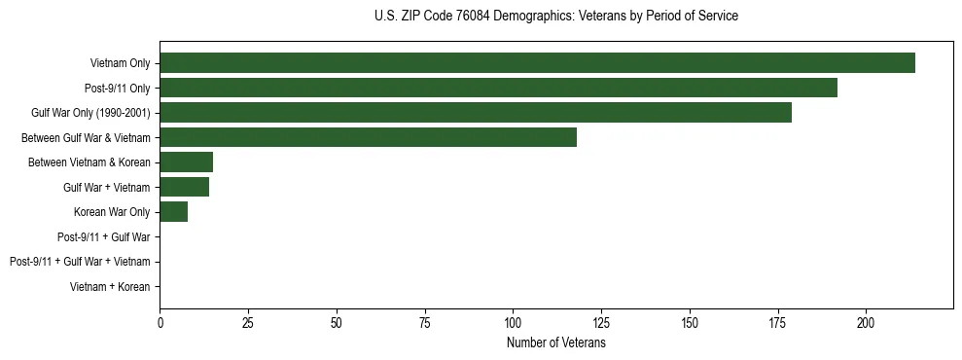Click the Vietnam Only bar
point(537,63)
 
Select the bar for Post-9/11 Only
point(498,88)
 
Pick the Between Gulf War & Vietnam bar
point(368,137)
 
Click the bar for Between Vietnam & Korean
point(186,162)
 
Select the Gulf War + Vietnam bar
point(184,187)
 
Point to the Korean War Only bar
point(173,212)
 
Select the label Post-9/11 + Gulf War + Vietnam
point(80,262)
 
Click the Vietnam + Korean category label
point(110,287)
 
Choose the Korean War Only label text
point(112,212)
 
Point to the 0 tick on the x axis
point(160,322)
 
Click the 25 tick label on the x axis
point(248,322)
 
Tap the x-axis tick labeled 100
point(513,322)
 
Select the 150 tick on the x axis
point(690,322)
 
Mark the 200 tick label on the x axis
point(866,322)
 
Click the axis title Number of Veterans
point(556,343)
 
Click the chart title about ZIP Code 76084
point(556,17)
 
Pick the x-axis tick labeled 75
point(424,322)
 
